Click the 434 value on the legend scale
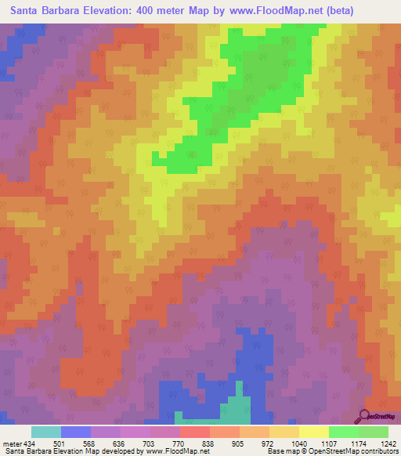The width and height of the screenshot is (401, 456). click(x=29, y=443)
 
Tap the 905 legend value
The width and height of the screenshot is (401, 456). click(x=239, y=443)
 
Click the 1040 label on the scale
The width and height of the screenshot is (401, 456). click(x=298, y=443)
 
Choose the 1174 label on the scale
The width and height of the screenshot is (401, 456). click(x=358, y=443)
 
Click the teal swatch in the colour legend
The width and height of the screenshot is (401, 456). click(x=45, y=432)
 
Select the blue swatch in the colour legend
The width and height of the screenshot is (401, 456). click(x=75, y=432)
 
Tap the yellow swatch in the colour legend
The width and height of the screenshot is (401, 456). click(x=313, y=432)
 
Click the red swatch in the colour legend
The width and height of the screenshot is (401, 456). click(x=194, y=432)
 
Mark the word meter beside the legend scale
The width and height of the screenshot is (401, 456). click(x=10, y=443)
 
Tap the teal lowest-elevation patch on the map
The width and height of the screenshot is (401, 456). click(x=236, y=408)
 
